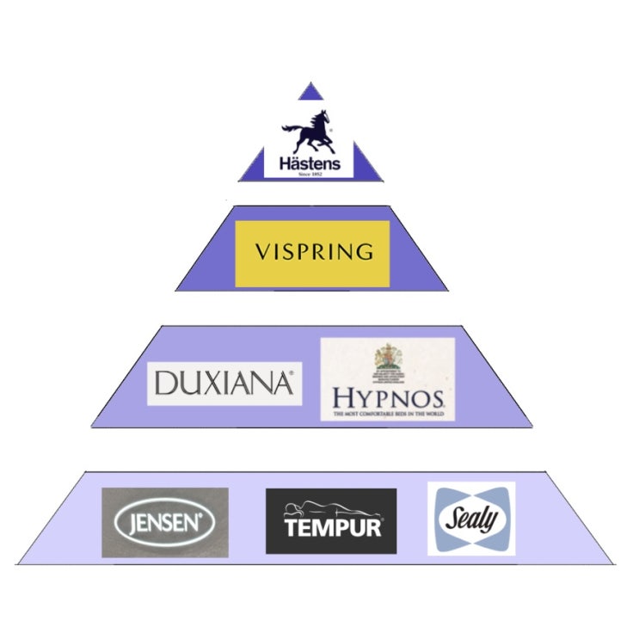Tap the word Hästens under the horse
(x=309, y=163)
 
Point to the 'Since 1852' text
(x=309, y=175)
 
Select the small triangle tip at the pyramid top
(x=310, y=91)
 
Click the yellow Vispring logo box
(x=312, y=253)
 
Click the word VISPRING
(x=314, y=253)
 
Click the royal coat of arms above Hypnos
(x=387, y=359)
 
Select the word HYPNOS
(x=388, y=398)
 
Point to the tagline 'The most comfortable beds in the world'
(x=388, y=415)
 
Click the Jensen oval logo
(x=164, y=522)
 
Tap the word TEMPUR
(x=332, y=527)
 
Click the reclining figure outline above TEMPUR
(x=332, y=508)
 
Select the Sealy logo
(x=471, y=518)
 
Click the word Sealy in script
(x=471, y=519)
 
